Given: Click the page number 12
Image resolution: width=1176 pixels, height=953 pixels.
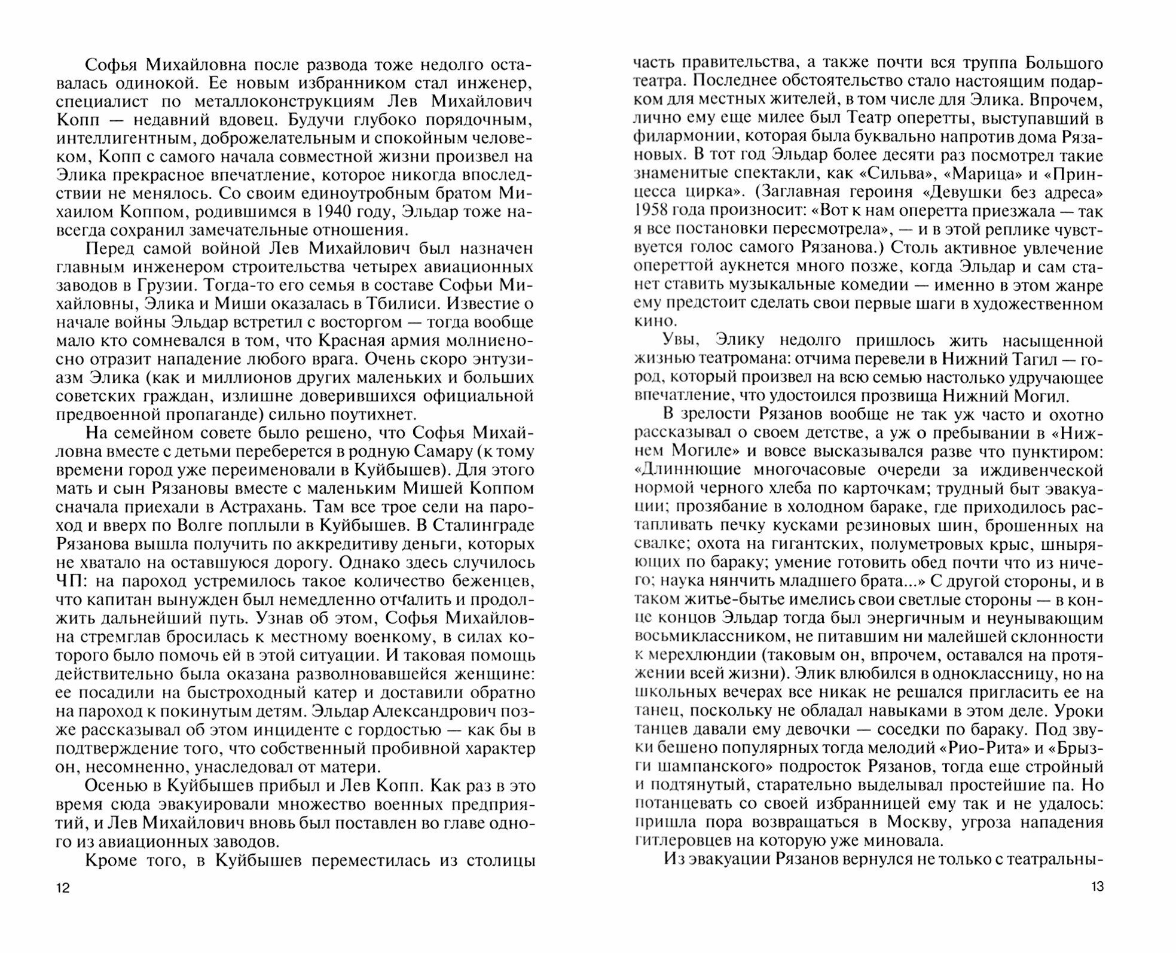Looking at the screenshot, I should click(x=63, y=888).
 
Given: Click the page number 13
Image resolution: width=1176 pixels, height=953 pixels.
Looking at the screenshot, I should click(x=1097, y=887).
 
